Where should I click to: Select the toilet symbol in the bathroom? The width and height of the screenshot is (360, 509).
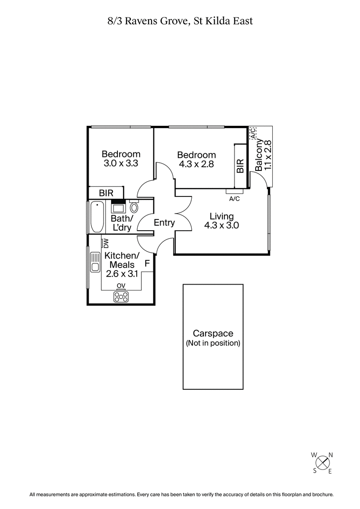134,208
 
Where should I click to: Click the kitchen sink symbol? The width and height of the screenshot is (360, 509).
95,262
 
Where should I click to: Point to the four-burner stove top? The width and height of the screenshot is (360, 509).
121,296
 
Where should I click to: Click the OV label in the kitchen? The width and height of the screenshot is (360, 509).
121,286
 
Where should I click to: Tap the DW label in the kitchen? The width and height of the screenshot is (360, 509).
106,243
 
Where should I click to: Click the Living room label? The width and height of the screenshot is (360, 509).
221,216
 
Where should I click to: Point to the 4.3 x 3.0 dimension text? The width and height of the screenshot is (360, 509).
221,226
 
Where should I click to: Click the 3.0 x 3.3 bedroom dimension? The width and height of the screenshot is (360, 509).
121,164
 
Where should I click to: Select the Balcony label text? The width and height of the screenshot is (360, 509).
259,155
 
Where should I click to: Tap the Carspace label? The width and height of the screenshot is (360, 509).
213,334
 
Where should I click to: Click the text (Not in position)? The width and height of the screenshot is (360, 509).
213,343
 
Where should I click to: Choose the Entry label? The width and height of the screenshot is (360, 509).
164,223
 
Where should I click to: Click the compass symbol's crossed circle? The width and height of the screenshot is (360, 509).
322,463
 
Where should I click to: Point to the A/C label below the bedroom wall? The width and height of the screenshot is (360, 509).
234,198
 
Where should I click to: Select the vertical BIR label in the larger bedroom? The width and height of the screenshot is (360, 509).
240,165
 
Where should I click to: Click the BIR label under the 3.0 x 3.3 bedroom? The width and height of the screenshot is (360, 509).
106,193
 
